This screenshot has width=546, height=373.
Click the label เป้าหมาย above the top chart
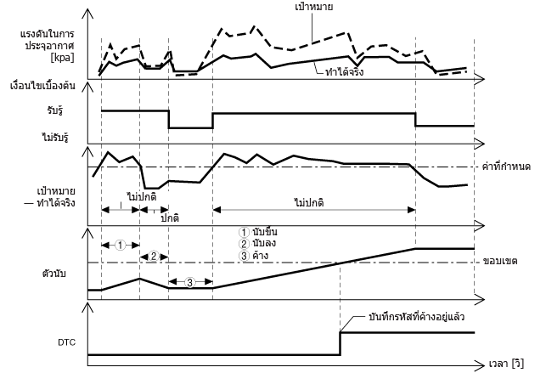[x=313, y=7]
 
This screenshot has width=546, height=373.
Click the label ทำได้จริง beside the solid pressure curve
[x=344, y=71]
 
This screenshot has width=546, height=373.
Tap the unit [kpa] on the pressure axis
[x=62, y=57]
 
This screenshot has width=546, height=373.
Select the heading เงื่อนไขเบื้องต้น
[x=42, y=85]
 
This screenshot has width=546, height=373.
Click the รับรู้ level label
[x=55, y=110]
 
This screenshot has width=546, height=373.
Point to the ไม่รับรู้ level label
[x=54, y=138]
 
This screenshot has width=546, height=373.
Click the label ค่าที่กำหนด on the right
[x=506, y=167]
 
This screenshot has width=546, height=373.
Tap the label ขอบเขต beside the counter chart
[x=500, y=261]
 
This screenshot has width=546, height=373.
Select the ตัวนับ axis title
[x=53, y=274]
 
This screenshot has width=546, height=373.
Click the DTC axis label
[x=66, y=342]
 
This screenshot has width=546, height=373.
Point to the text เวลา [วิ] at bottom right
[x=506, y=364]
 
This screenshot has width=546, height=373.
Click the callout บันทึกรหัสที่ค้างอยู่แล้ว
[x=416, y=317]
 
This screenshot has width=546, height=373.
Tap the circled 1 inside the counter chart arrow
[x=120, y=246]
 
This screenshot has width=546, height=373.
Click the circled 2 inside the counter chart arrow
[x=154, y=257]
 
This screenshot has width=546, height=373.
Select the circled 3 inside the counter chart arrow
[x=189, y=282]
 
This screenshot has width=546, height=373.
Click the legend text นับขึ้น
[x=265, y=232]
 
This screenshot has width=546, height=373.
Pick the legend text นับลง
[x=264, y=243]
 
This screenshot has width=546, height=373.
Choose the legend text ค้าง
[x=261, y=255]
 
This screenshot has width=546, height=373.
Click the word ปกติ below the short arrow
[x=170, y=218]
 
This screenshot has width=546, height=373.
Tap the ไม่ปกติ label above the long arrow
[x=309, y=202]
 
